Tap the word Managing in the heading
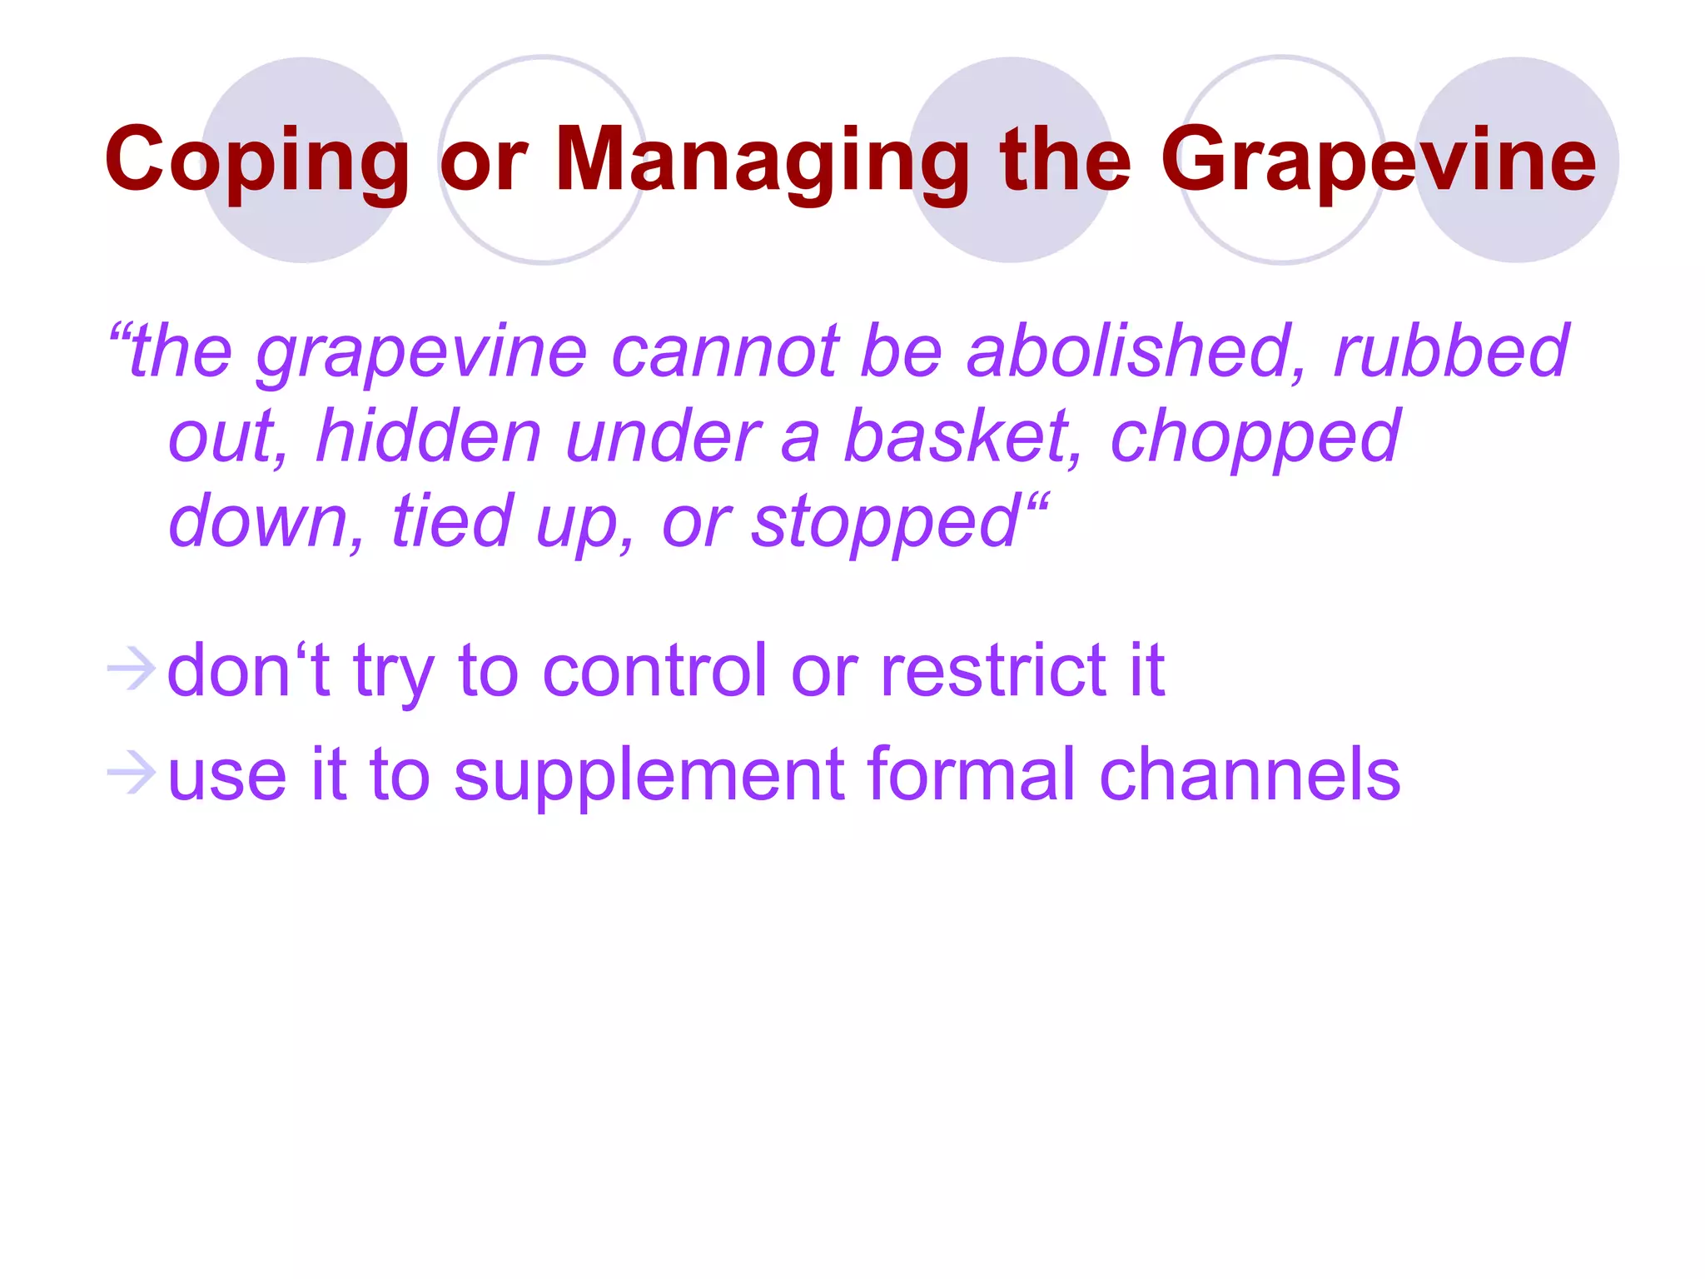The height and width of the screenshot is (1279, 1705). (762, 160)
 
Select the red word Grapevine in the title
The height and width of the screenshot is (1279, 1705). (1378, 160)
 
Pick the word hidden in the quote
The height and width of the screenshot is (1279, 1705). (429, 436)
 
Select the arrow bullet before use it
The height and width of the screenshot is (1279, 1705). (132, 772)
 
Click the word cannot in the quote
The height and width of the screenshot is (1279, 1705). (724, 351)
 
